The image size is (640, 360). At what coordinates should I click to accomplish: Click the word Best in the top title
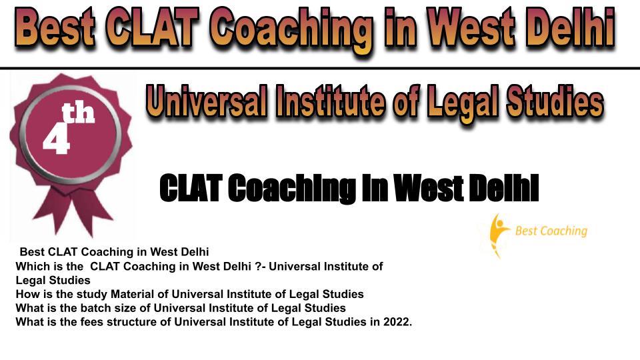tap(56, 28)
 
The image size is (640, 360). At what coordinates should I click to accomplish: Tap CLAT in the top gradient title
tap(153, 28)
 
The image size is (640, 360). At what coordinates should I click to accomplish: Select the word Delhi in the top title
tap(570, 28)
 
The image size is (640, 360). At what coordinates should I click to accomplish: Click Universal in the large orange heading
tap(207, 101)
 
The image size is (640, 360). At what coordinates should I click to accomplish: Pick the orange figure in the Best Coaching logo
tap(497, 235)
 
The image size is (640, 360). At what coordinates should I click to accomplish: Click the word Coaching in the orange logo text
tap(564, 231)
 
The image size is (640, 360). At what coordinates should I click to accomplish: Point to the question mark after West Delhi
tap(257, 267)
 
